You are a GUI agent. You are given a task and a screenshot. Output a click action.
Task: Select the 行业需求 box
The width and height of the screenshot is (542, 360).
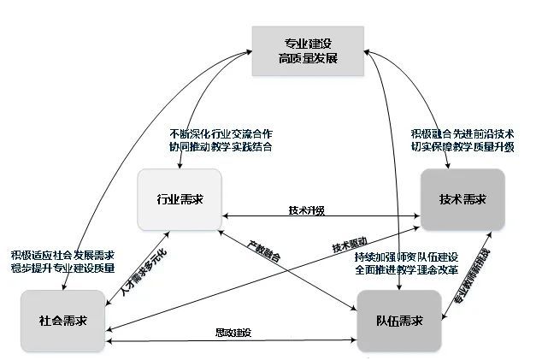click(x=180, y=199)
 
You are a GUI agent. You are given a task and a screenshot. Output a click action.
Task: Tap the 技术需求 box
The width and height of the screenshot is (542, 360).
click(x=462, y=199)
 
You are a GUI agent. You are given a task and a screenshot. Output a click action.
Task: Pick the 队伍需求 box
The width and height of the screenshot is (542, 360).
click(x=399, y=321)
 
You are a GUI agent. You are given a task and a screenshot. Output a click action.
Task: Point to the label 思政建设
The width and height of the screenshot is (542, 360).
click(x=233, y=332)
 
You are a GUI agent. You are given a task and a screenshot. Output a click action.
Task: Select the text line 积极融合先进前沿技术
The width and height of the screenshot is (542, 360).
click(x=462, y=133)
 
